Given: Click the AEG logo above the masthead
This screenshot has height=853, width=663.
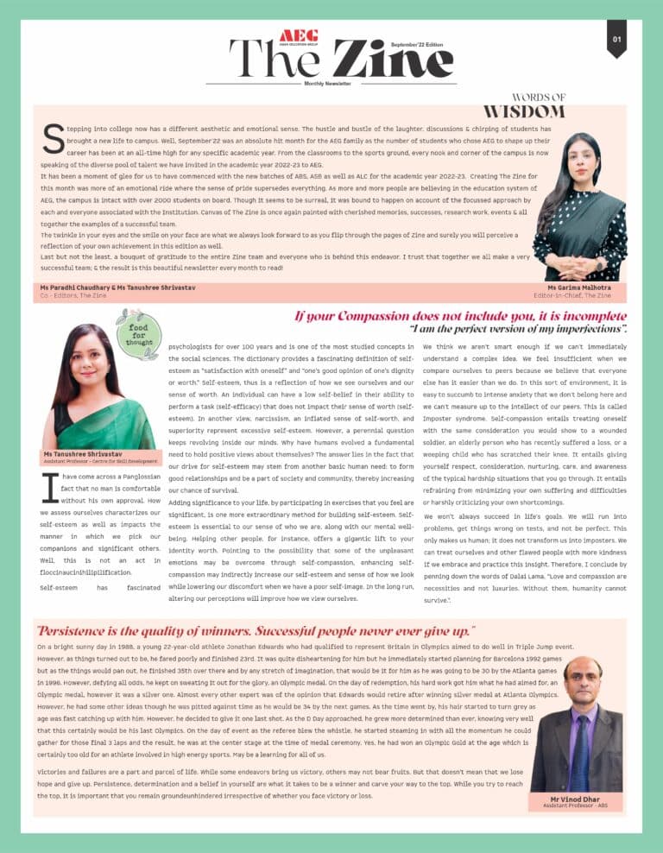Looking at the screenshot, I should [x=299, y=35].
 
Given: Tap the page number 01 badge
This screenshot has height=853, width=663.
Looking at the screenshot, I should [x=616, y=39].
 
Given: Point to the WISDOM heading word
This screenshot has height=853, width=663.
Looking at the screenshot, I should [x=523, y=111].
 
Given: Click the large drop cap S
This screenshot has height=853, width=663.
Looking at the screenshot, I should [x=53, y=138].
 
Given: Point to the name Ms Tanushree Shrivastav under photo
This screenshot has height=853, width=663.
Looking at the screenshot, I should [x=83, y=453].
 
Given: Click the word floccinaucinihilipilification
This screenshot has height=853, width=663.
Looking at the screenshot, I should [x=85, y=572].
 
